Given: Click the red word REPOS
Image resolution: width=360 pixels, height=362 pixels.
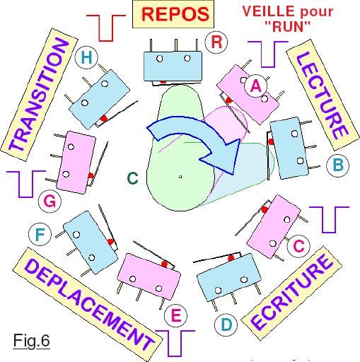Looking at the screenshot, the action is pos(175,14).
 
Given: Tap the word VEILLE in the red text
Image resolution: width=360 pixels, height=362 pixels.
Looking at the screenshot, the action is pos(269,11).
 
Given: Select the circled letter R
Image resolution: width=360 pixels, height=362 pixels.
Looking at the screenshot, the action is pos(216,42).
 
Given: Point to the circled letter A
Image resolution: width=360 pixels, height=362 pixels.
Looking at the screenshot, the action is pos(256,86).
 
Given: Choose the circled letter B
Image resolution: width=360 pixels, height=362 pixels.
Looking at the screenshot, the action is pos(338,165).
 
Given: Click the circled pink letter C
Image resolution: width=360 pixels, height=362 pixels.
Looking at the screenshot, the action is pos(298,246).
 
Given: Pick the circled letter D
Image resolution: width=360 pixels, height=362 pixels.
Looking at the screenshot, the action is pos(226,325).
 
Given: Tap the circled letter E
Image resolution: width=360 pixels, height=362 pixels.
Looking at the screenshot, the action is pos(175,315).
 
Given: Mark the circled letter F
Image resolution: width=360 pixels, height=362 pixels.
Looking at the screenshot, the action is pos(40,234).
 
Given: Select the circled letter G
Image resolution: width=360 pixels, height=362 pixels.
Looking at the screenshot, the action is pos(50,202).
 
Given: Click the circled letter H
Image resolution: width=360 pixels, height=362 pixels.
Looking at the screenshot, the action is pos(86,57).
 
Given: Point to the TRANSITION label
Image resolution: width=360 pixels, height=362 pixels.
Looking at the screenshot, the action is pos(39,95).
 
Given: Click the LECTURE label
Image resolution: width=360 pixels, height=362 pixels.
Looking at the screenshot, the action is pos(323,95).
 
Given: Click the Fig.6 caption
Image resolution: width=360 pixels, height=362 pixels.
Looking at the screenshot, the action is pos(31,341).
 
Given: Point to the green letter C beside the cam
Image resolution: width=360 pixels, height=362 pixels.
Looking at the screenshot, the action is pos(133,178).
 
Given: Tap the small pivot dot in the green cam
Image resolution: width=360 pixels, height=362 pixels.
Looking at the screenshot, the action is pos(180,177).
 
